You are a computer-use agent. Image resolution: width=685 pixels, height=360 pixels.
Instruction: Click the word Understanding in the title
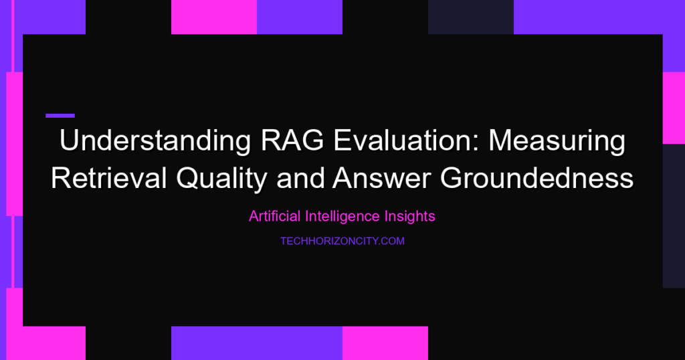click(155, 141)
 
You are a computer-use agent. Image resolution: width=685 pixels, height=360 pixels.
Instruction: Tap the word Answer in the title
click(381, 179)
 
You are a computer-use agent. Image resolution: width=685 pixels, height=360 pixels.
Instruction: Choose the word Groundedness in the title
click(536, 178)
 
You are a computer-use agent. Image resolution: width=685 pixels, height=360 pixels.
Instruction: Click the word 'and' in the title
click(300, 178)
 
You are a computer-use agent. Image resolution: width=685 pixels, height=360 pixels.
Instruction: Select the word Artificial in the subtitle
click(275, 216)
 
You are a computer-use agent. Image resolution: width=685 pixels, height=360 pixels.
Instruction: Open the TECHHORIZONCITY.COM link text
click(342, 241)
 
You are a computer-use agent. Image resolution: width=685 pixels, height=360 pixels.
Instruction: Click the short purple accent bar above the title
click(60, 116)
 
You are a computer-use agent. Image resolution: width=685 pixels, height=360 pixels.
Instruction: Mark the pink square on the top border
click(214, 17)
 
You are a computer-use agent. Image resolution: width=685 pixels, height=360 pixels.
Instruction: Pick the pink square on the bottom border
click(385, 343)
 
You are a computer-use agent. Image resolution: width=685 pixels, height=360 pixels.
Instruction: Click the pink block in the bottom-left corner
click(46, 343)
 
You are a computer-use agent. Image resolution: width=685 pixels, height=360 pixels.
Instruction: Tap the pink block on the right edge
click(674, 108)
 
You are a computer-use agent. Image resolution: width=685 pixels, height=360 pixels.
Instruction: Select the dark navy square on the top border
click(471, 17)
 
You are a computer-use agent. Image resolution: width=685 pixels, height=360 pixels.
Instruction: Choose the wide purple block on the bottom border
click(257, 343)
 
